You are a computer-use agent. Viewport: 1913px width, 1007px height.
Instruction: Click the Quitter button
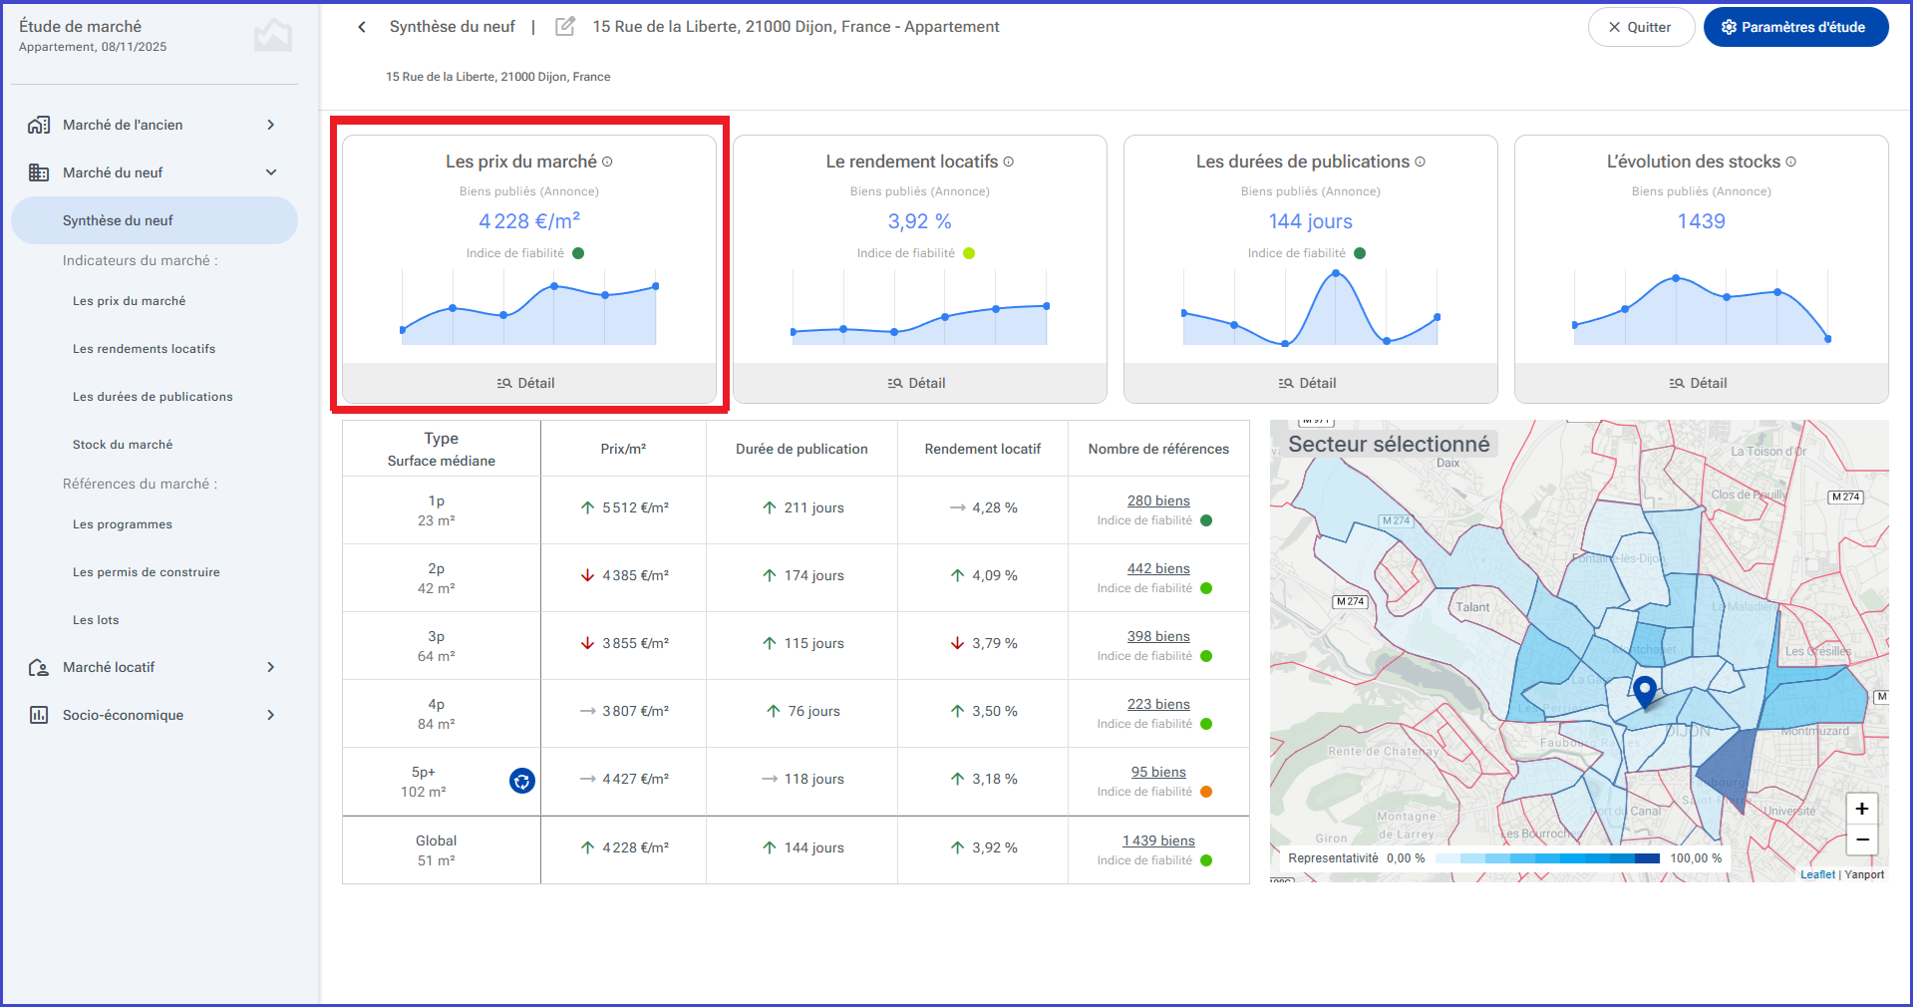click(1640, 27)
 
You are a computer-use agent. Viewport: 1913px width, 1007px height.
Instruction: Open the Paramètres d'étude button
click(1795, 27)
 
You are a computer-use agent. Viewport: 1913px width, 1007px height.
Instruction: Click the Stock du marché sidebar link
click(123, 445)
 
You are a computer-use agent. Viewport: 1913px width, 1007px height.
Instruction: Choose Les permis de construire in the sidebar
click(147, 572)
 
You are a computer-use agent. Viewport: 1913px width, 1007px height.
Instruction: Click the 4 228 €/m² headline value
click(529, 220)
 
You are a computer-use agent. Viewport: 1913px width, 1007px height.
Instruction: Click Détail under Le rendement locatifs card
click(919, 383)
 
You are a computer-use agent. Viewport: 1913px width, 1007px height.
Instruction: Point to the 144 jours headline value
click(1310, 221)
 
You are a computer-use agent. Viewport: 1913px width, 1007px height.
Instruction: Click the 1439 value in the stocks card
click(1701, 221)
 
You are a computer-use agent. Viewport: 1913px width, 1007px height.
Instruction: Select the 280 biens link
click(1158, 501)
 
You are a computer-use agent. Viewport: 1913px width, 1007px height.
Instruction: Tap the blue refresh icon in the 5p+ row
click(522, 781)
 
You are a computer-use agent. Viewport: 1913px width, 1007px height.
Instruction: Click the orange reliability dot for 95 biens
click(1206, 792)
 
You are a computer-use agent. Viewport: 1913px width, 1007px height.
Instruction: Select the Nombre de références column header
click(1158, 449)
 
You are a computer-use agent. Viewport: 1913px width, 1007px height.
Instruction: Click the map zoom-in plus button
click(1861, 809)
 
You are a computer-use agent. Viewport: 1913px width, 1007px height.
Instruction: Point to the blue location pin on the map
click(1645, 690)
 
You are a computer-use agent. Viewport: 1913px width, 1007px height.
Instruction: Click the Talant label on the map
click(1472, 607)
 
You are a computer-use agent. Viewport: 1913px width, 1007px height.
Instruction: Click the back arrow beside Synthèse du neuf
click(362, 27)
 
